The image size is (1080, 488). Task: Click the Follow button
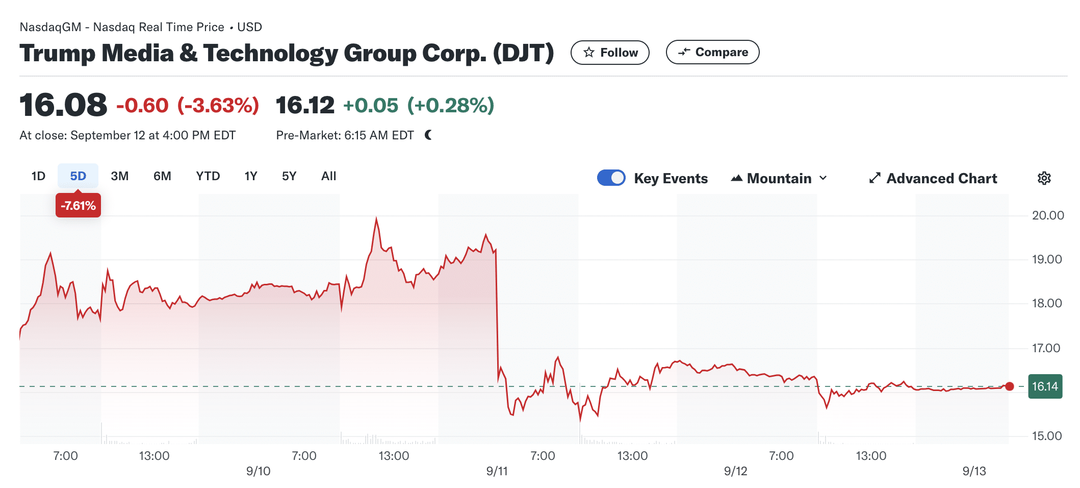(x=609, y=53)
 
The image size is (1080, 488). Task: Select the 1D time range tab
(x=38, y=176)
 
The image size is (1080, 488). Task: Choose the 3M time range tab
(x=119, y=176)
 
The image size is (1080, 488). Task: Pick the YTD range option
(x=208, y=176)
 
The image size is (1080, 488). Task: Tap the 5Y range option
(x=289, y=176)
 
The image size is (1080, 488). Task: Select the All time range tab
(x=328, y=176)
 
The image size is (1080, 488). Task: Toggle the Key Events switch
(x=611, y=178)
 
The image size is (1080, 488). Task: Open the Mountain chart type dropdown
(x=779, y=178)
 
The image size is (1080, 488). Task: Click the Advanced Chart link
(x=933, y=178)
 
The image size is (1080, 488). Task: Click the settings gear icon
(x=1044, y=178)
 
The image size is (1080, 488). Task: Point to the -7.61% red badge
(x=78, y=206)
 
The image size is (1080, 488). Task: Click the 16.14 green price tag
(x=1045, y=386)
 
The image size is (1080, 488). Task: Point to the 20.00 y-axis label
(x=1047, y=215)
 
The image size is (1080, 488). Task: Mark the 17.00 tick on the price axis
(x=1046, y=348)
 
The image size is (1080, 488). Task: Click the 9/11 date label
(x=497, y=471)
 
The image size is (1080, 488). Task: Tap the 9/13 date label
(x=974, y=471)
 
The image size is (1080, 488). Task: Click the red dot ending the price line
(x=1009, y=386)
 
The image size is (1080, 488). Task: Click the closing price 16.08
(x=63, y=105)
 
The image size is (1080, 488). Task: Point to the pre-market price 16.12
(x=305, y=105)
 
